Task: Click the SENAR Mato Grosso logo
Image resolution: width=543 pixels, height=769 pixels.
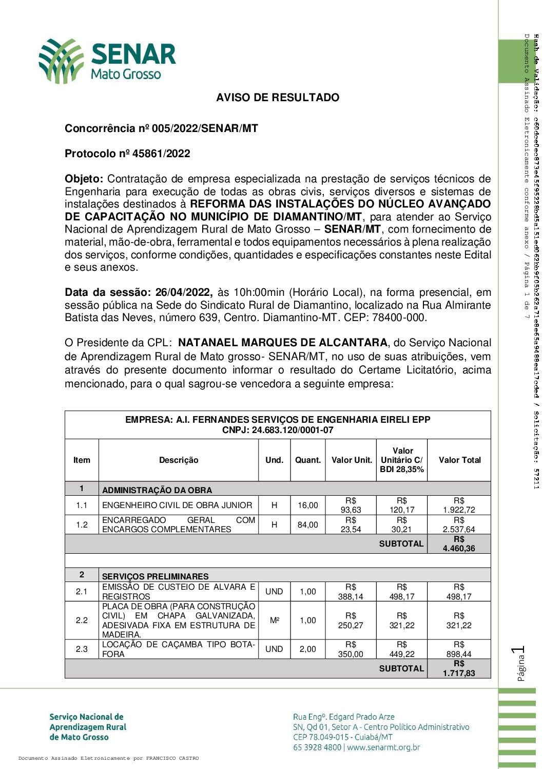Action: click(107, 61)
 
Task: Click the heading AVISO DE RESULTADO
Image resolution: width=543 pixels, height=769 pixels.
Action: click(278, 98)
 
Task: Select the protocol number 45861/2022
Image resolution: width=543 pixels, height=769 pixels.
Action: click(161, 154)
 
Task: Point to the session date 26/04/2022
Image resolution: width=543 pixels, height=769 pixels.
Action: click(184, 292)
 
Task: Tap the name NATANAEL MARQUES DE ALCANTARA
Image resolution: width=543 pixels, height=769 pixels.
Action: click(283, 343)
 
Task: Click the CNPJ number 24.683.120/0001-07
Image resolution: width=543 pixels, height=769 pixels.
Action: click(292, 430)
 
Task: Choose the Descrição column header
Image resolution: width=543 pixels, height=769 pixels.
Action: click(179, 460)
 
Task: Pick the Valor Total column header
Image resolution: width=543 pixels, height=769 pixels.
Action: click(459, 460)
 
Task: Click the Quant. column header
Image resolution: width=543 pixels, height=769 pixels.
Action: click(307, 460)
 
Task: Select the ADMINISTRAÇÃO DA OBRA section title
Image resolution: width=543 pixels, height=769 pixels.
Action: click(157, 490)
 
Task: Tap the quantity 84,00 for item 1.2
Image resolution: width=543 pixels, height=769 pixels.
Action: click(307, 524)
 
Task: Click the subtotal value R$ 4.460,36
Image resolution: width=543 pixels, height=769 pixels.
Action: click(459, 544)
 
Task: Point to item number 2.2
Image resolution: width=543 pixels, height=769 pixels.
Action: click(82, 620)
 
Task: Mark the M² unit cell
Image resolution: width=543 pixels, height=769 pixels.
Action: click(275, 620)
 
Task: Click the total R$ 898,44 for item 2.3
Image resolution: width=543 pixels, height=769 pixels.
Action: click(459, 649)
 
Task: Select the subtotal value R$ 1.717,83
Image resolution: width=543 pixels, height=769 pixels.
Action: click(459, 668)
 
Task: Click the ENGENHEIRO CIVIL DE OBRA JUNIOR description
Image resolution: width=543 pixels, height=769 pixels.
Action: click(177, 505)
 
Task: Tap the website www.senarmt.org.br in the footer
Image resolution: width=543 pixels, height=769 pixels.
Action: click(383, 747)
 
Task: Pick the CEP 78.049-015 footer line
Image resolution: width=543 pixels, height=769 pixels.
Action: click(343, 737)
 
